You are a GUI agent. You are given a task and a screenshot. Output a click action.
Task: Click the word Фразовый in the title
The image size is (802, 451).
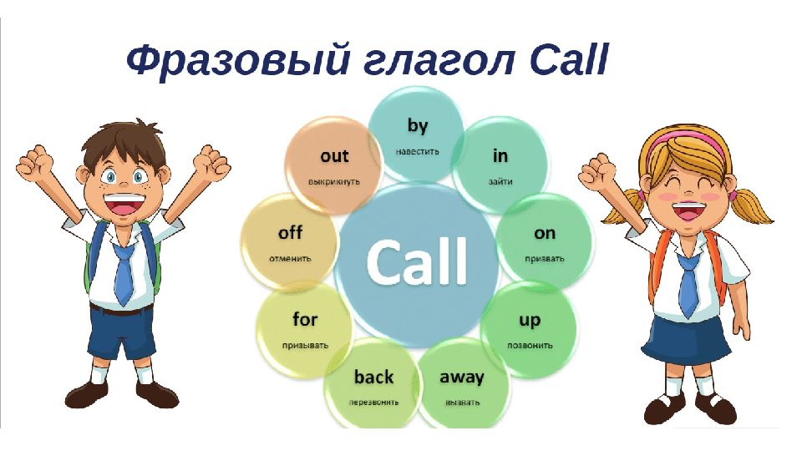[x=238, y=61]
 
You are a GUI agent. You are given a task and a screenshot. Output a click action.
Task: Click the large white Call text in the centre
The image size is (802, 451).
[x=416, y=261]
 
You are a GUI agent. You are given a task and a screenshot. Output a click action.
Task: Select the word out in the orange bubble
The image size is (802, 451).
[x=334, y=155]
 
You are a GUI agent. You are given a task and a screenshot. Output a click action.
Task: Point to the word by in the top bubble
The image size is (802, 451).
[x=418, y=126]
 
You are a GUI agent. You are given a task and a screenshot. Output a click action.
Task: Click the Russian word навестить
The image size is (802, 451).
[x=417, y=151]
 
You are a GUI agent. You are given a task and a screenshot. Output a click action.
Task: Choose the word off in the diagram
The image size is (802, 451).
[x=290, y=233]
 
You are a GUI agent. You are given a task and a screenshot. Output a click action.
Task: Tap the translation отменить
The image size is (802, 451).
[x=290, y=258]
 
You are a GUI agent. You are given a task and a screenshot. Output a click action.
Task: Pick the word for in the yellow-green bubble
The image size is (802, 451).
[x=305, y=319]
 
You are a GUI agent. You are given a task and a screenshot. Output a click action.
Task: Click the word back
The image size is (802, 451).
[x=374, y=377]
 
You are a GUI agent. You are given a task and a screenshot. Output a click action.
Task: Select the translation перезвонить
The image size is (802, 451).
[x=373, y=403]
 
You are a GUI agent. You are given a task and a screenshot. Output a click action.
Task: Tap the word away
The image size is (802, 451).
[x=461, y=378]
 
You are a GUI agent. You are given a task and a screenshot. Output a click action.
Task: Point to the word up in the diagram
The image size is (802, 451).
[x=530, y=321]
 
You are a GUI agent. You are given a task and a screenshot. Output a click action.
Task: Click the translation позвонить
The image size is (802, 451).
[x=530, y=346]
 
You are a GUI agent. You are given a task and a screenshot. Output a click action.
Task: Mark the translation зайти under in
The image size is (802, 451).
[x=500, y=181]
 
